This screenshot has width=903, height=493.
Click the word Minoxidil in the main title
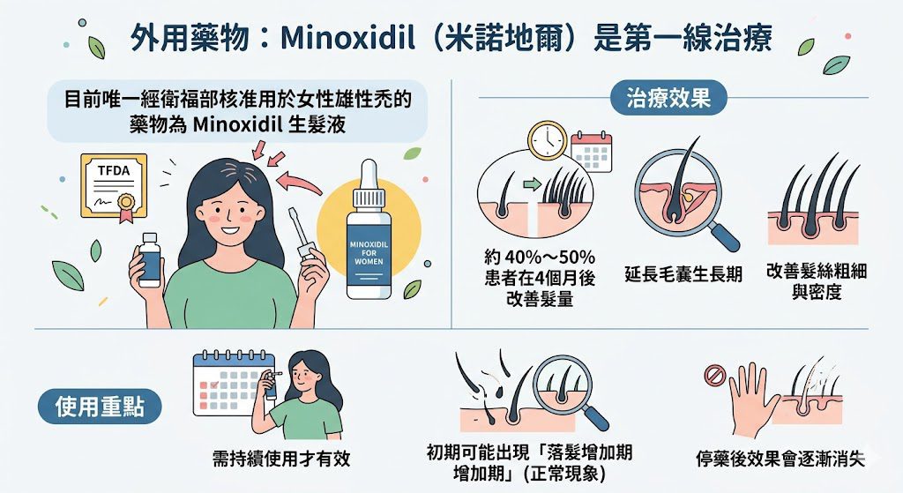pyautogui.click(x=347, y=39)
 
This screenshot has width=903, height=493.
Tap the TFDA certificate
pyautogui.click(x=114, y=187)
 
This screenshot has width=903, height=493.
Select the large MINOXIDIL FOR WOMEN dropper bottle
pyautogui.click(x=369, y=229)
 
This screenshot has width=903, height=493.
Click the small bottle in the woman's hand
pyautogui.click(x=150, y=259)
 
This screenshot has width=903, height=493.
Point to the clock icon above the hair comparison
pyautogui.click(x=548, y=140)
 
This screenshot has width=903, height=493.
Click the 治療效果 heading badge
pyautogui.click(x=668, y=98)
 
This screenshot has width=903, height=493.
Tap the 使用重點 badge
pyautogui.click(x=100, y=407)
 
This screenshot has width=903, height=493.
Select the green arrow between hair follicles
pyautogui.click(x=533, y=184)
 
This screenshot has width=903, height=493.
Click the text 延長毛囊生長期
pyautogui.click(x=683, y=273)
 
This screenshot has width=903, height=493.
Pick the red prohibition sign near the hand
pyautogui.click(x=714, y=377)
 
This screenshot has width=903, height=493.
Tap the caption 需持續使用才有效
pyautogui.click(x=281, y=459)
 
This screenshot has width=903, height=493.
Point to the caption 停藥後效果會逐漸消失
pyautogui.click(x=780, y=459)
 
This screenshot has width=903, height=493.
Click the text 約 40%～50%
pyautogui.click(x=540, y=257)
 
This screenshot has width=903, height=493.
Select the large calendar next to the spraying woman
pyautogui.click(x=233, y=383)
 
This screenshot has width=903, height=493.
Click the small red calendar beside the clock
pyautogui.click(x=592, y=152)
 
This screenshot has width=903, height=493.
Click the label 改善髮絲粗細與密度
pyautogui.click(x=817, y=281)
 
